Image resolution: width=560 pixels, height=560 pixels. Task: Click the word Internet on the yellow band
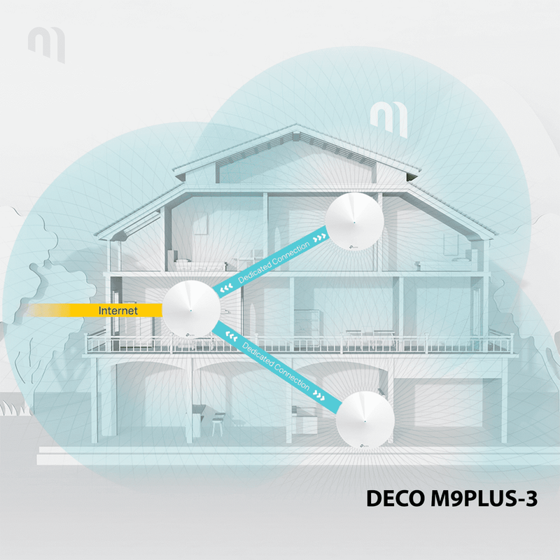point(118,310)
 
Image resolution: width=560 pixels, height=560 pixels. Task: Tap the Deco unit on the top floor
point(354,221)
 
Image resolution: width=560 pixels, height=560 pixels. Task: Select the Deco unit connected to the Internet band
point(191,309)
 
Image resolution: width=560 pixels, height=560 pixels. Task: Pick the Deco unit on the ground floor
point(365,419)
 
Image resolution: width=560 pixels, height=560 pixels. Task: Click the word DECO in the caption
point(395,498)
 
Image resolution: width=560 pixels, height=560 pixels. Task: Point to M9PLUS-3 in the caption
point(484,498)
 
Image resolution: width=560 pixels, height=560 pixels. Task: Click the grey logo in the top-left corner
point(47,44)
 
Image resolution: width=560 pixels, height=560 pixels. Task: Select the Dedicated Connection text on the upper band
point(274,262)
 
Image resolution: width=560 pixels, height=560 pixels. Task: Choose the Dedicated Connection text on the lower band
point(275,365)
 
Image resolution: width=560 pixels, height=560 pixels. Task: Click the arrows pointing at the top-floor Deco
point(319,238)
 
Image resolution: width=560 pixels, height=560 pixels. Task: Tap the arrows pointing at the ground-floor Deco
point(319,395)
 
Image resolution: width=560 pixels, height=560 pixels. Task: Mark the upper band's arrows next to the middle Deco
point(226,287)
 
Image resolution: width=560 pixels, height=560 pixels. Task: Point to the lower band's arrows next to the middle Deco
point(232,336)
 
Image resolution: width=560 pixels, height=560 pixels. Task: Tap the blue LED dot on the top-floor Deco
point(354,223)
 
